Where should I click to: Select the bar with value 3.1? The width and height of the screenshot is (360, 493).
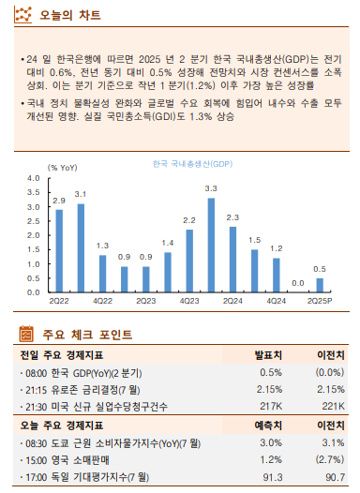pos(81,246)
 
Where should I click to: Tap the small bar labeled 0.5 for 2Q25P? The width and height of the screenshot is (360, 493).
pos(320,284)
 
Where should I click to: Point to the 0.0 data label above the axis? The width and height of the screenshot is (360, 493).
pos(298,283)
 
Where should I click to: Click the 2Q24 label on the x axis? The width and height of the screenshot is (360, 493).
pos(232,301)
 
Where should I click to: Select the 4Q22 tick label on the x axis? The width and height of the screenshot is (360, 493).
pos(102,301)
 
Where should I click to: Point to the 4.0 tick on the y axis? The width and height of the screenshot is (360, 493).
pos(35,177)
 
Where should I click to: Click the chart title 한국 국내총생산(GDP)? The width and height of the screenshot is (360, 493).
pos(192,165)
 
